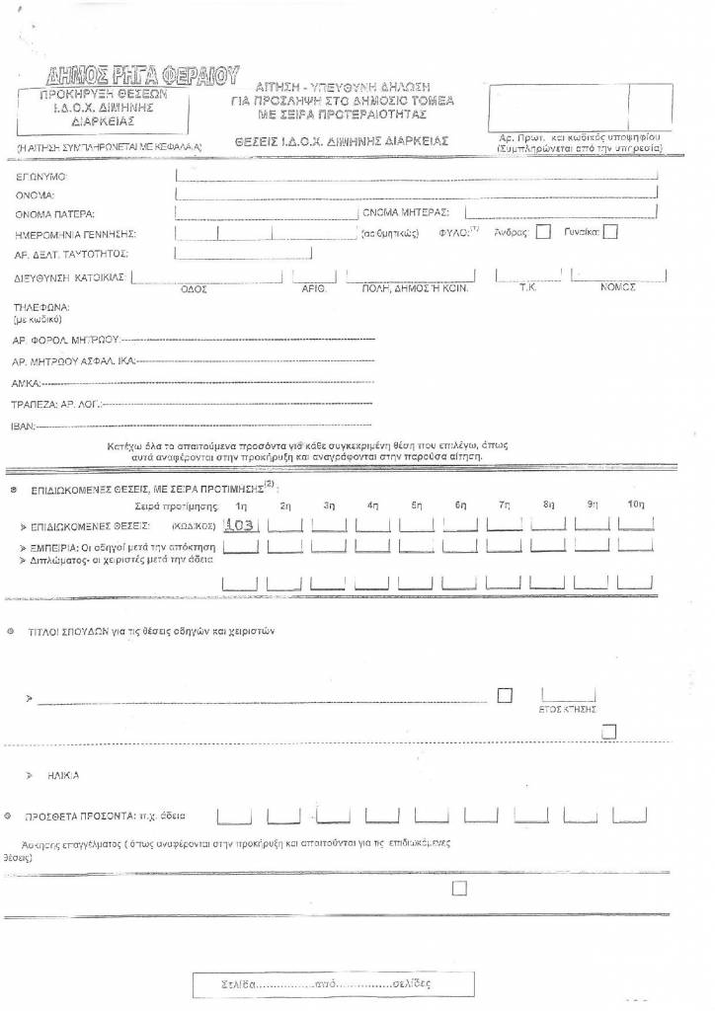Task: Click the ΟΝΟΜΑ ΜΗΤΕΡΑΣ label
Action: pos(405,212)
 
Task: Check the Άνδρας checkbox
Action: pos(543,233)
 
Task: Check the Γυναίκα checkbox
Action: pos(610,233)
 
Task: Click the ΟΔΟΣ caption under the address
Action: pos(193,288)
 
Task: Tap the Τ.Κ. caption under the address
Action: pos(527,287)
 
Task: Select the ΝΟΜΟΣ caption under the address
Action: pos(617,287)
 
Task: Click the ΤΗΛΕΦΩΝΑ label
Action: pos(41,307)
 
